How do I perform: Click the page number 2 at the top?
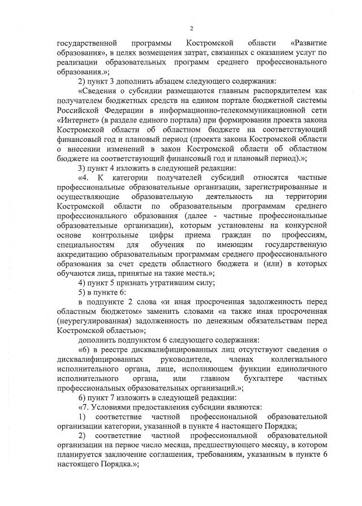[192, 28]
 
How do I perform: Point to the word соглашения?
[183, 456]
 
